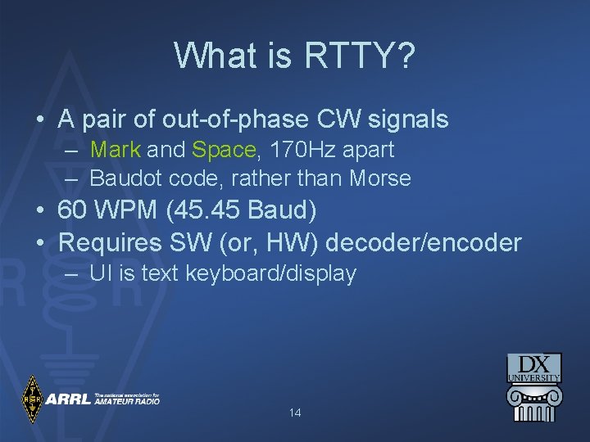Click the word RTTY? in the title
[361, 56]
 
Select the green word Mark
[116, 150]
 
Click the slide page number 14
[295, 413]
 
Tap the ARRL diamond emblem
[32, 399]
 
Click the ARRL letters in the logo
[68, 399]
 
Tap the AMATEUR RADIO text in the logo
[126, 402]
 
